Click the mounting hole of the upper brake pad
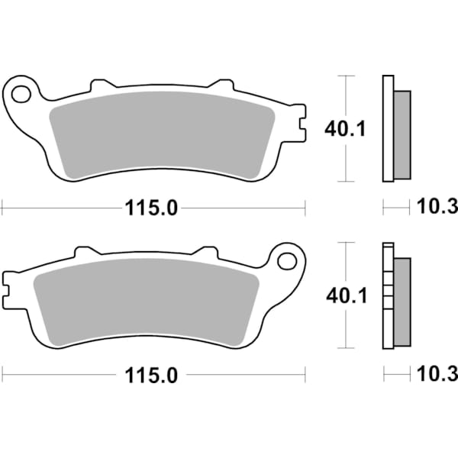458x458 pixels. coord(21,95)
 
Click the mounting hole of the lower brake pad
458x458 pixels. coord(287,261)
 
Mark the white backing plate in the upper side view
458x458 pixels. coord(387,130)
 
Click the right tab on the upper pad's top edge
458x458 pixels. coord(221,85)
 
